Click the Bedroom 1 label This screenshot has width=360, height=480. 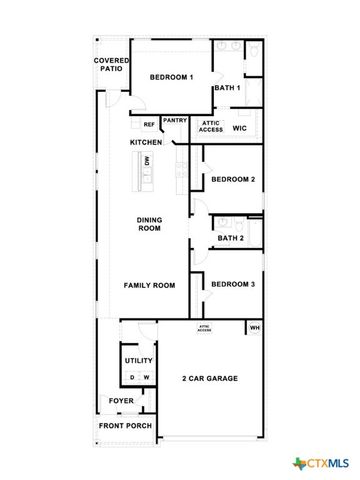(x=171, y=77)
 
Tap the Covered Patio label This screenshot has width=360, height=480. (x=110, y=64)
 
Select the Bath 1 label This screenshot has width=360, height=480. (x=227, y=88)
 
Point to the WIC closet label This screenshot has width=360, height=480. (x=240, y=128)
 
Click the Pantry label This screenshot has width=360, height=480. (x=175, y=121)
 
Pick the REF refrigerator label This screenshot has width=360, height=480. (x=149, y=125)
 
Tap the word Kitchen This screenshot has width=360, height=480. (x=146, y=143)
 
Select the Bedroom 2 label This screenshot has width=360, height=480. (x=233, y=180)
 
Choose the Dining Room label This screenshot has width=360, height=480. (x=149, y=224)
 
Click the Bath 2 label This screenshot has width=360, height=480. (x=231, y=238)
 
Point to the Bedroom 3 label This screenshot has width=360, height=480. (x=233, y=284)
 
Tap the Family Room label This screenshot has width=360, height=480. (x=149, y=285)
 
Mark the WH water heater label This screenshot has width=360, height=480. (x=254, y=328)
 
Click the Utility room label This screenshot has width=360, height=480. (x=137, y=360)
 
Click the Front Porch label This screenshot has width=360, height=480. (x=125, y=426)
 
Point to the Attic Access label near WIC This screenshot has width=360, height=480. (x=211, y=127)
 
